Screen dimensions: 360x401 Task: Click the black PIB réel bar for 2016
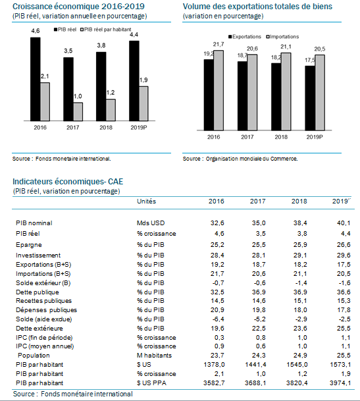36,79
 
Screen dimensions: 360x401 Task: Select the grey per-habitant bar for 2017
78,112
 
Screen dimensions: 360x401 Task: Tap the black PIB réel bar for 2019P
134,81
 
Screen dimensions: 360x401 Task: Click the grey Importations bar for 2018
286,92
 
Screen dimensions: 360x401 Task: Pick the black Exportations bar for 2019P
310,98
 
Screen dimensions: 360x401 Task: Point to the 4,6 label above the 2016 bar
36,31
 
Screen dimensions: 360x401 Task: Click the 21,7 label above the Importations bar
219,45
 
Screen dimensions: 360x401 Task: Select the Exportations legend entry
245,37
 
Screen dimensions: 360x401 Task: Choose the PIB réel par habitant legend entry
106,30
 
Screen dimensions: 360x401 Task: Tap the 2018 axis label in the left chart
106,127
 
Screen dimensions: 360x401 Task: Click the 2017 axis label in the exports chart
247,137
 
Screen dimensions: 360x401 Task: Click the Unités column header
147,201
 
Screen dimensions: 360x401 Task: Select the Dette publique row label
38,292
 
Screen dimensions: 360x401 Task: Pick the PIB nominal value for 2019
344,223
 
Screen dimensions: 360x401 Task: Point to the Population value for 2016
217,356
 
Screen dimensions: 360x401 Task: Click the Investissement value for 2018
300,255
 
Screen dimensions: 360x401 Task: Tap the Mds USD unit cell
151,223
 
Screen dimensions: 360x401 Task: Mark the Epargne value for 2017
259,245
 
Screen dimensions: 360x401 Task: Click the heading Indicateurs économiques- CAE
68,182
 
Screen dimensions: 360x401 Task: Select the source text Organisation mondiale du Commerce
251,159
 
